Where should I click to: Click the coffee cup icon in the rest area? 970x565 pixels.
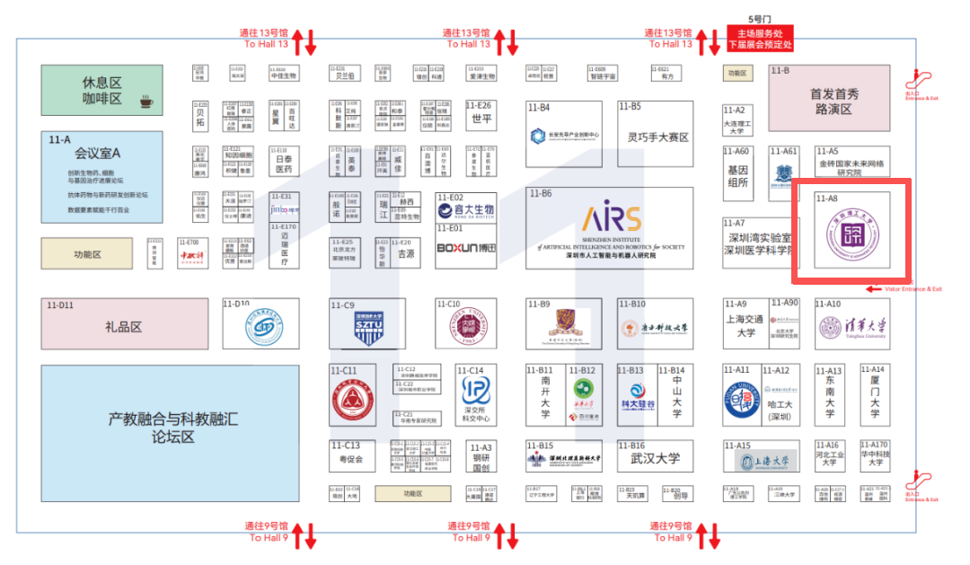point(145,102)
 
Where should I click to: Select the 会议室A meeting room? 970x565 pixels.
point(101,177)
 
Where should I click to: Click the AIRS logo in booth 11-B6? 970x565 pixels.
point(611,218)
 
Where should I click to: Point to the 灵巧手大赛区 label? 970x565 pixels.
point(657,137)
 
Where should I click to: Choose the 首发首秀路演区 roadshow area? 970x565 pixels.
point(835,101)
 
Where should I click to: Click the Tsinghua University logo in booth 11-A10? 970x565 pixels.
point(852,328)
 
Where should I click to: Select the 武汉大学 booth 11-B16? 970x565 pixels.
point(655,458)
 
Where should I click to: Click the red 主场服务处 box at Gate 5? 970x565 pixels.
point(759,37)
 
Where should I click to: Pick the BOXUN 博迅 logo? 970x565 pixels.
point(465,249)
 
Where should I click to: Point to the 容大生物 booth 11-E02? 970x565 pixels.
point(465,209)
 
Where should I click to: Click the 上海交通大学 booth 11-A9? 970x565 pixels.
point(745,325)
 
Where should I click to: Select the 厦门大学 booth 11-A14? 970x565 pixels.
point(874,401)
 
